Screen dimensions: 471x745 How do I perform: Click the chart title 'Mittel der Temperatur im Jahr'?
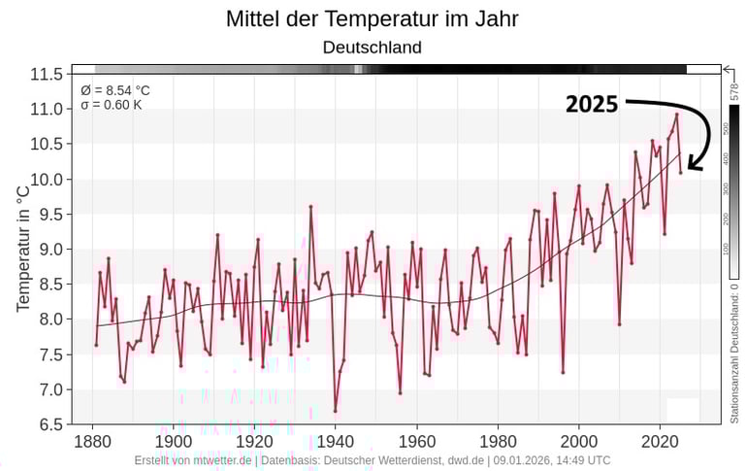[x=372, y=18]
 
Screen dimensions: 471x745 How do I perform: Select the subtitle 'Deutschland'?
[x=372, y=47]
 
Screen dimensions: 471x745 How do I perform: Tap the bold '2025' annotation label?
[x=592, y=105]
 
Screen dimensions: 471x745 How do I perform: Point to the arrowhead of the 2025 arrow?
[x=696, y=167]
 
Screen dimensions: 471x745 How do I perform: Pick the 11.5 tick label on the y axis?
[x=47, y=75]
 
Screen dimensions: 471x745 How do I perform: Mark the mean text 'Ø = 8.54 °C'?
[x=115, y=90]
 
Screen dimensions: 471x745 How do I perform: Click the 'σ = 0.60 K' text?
[x=112, y=104]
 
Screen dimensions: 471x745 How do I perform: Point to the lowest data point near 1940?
[x=336, y=411]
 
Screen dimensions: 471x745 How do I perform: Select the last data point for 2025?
[x=681, y=172]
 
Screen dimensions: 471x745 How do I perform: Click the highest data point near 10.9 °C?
[x=676, y=115]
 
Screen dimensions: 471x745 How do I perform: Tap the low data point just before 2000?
[x=563, y=372]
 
